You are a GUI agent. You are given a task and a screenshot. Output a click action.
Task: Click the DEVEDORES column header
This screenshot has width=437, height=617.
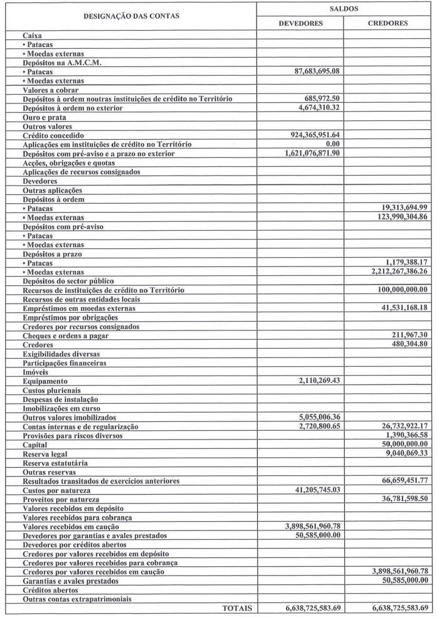click(300, 23)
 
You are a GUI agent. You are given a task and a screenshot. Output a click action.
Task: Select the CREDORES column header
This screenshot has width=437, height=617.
click(388, 23)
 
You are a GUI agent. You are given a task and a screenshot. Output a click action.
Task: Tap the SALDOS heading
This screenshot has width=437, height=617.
click(344, 8)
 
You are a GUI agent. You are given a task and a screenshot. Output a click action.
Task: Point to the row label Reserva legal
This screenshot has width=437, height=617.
click(45, 453)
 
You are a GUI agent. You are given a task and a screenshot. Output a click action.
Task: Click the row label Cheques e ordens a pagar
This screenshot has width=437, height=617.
click(65, 335)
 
